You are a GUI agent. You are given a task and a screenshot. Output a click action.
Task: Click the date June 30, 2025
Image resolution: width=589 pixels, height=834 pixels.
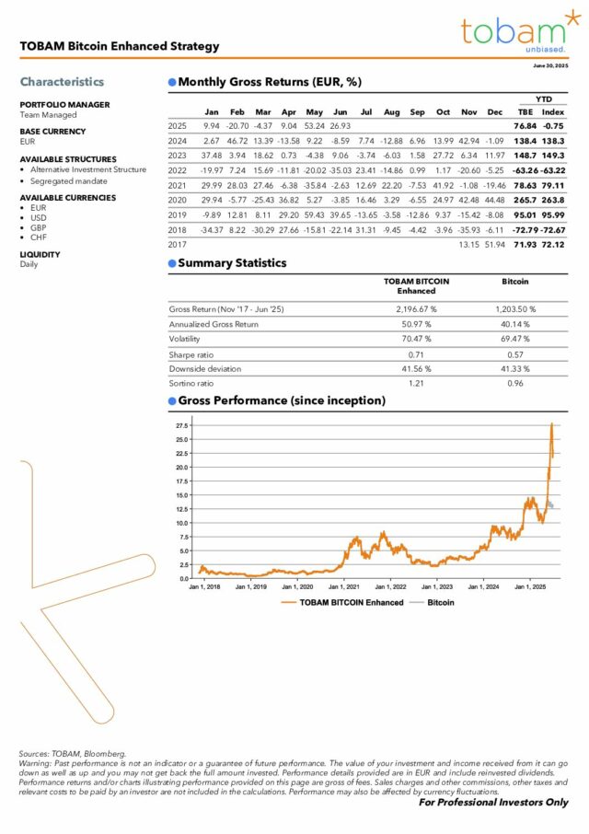550,66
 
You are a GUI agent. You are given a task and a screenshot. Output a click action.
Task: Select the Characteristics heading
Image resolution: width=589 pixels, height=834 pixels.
62,82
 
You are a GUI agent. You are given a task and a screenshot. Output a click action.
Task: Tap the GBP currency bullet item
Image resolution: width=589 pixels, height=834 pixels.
39,227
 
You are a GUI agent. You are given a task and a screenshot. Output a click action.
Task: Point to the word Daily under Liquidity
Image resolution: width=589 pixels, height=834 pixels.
29,264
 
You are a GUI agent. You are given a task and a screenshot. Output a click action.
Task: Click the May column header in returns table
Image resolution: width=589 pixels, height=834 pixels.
314,112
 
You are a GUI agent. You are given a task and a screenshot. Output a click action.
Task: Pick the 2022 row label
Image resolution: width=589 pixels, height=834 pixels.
177,170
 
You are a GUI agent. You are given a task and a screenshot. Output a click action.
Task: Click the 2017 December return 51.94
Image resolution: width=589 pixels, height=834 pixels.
494,244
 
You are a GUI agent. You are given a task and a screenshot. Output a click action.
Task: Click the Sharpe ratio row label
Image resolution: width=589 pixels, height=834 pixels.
190,353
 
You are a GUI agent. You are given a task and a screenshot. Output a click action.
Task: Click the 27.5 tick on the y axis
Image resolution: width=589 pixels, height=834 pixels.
181,426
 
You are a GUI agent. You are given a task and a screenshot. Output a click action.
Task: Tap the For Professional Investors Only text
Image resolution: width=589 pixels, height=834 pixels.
492,803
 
